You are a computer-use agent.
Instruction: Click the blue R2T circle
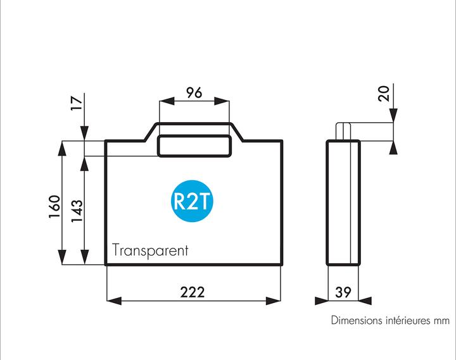pyautogui.click(x=193, y=202)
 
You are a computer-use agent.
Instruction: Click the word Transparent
pyautogui.click(x=151, y=250)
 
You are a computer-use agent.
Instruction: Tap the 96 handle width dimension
pyautogui.click(x=194, y=93)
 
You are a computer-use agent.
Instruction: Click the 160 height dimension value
pyautogui.click(x=55, y=206)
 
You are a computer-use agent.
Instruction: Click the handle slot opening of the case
pyautogui.click(x=194, y=146)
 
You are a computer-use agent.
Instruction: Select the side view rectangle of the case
pyautogui.click(x=343, y=202)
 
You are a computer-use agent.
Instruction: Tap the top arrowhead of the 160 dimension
pyautogui.click(x=62, y=147)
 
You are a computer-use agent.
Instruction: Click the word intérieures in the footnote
pyautogui.click(x=408, y=321)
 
